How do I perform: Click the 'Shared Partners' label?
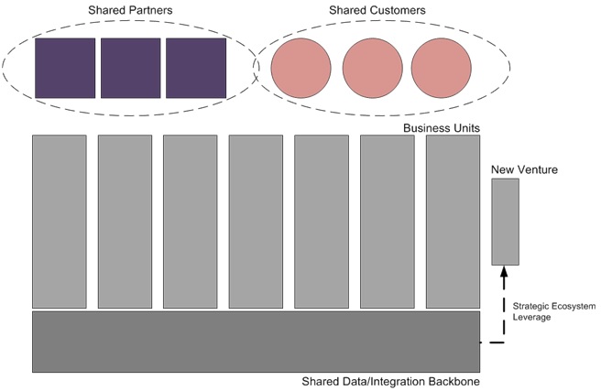(x=130, y=10)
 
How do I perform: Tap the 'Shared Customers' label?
(x=377, y=10)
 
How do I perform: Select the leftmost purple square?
(x=65, y=68)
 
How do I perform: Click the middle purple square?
(x=131, y=68)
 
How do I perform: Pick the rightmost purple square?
(x=196, y=68)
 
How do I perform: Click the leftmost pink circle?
(x=300, y=68)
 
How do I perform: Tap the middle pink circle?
(x=373, y=68)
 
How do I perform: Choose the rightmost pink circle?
(x=442, y=68)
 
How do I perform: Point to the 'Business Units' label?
(x=442, y=128)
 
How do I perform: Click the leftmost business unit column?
(x=60, y=222)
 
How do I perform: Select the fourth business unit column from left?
(x=256, y=222)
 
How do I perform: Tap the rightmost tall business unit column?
(x=453, y=222)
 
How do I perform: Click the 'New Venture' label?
(x=524, y=169)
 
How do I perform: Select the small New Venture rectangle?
(x=506, y=222)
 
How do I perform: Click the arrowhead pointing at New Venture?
(x=504, y=272)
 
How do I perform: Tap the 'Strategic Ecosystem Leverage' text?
(x=554, y=311)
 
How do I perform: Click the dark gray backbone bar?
(x=256, y=342)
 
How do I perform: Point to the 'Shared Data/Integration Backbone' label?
(x=390, y=382)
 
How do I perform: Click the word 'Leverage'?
(x=531, y=317)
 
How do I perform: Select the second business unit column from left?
(x=125, y=222)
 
